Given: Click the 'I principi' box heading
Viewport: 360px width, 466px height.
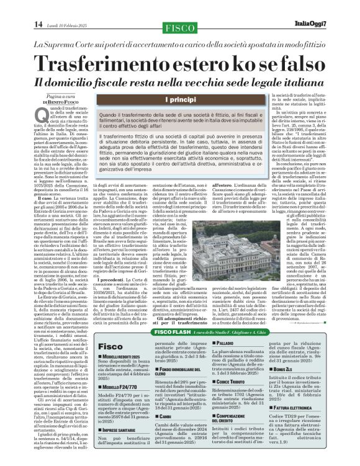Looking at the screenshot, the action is coord(180,99).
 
